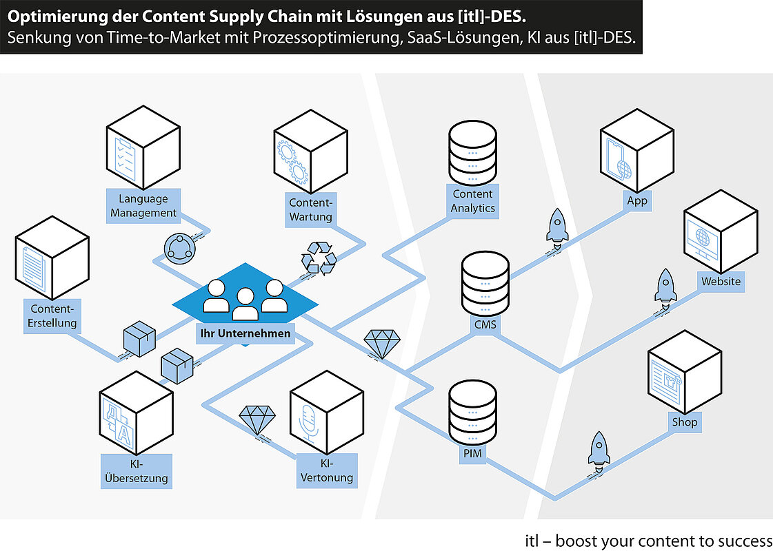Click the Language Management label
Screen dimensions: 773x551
coord(143,206)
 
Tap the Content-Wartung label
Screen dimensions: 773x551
coord(311,210)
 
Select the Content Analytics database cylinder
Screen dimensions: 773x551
coord(473,153)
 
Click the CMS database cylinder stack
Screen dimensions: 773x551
coord(485,284)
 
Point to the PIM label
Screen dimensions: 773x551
coord(472,453)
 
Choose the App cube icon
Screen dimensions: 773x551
coord(637,150)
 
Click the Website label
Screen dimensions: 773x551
coord(721,282)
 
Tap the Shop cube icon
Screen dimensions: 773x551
coord(685,372)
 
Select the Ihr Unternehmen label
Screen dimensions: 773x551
coord(245,333)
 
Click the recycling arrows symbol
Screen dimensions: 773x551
coord(319,258)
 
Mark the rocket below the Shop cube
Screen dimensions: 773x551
coord(599,450)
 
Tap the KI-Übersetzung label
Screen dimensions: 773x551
coord(137,471)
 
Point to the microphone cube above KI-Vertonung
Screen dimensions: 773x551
coord(327,413)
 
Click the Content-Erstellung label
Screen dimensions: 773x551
coord(52,316)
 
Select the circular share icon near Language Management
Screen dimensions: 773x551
coord(179,249)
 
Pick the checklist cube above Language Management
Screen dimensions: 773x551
coord(143,147)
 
